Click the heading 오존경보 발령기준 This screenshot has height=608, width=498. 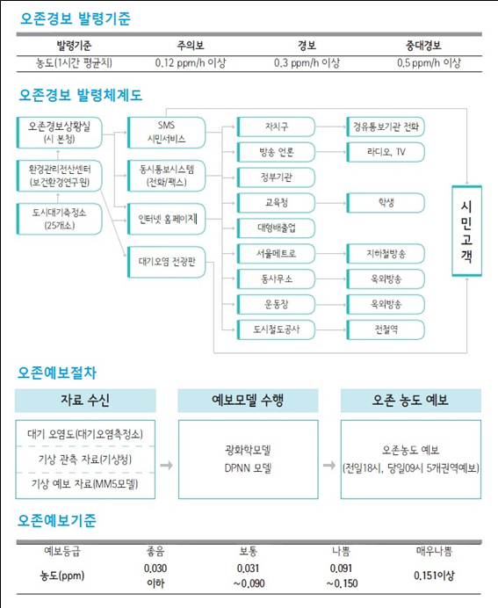click(76, 18)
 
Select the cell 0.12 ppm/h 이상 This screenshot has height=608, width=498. click(191, 62)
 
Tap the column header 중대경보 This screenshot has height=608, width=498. click(423, 46)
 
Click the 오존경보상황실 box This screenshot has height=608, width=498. click(60, 133)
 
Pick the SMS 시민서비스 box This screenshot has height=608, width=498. click(166, 133)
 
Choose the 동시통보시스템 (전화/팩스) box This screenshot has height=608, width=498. click(166, 176)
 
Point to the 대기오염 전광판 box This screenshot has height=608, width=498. click(166, 262)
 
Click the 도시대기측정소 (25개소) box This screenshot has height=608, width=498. click(60, 219)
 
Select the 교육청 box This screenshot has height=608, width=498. click(276, 202)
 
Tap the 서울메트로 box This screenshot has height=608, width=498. click(276, 254)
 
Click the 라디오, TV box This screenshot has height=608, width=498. click(386, 152)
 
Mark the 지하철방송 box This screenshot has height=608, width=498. click(386, 254)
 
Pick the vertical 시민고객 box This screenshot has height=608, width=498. click(466, 231)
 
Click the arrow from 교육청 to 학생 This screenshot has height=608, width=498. click(330, 203)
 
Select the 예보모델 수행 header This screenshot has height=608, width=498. click(248, 401)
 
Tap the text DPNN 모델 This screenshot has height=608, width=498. click(248, 468)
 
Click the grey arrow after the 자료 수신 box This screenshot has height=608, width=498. click(166, 465)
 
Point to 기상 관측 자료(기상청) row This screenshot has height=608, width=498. click(85, 460)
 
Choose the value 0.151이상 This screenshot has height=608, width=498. click(434, 575)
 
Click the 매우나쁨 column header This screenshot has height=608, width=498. click(434, 551)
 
